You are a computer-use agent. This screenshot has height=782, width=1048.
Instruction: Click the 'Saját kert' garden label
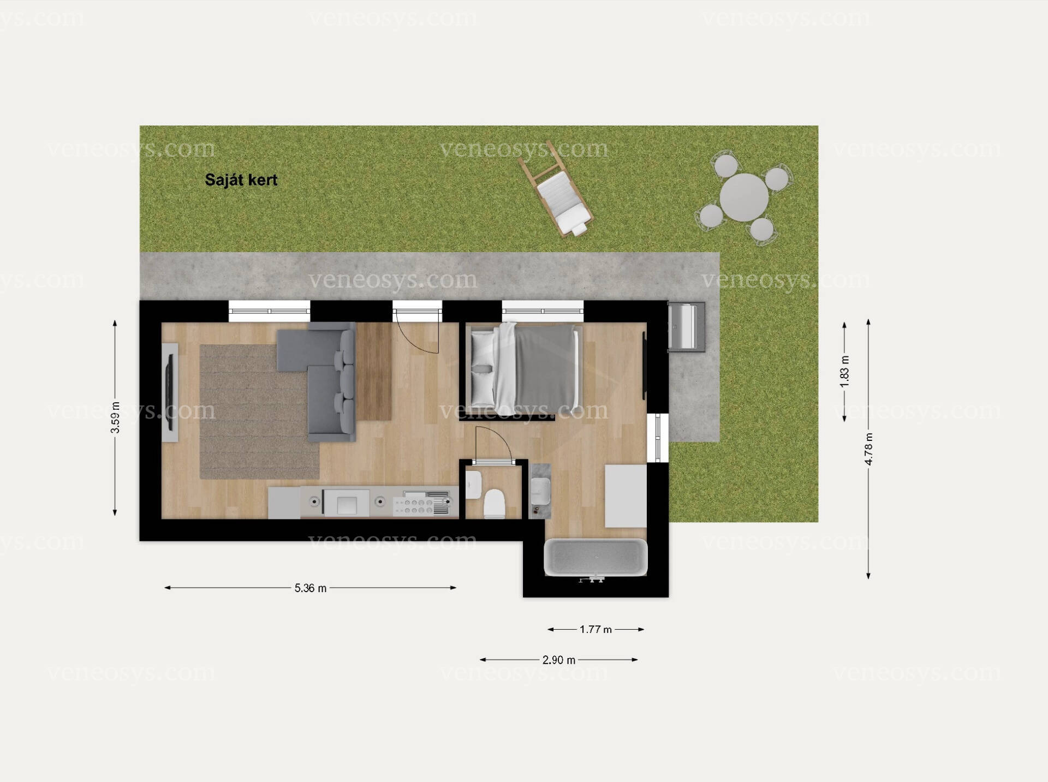tap(241, 180)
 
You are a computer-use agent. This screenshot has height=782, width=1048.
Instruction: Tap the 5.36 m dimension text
tap(310, 588)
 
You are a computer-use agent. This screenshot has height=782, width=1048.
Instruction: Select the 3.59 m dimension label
tap(115, 417)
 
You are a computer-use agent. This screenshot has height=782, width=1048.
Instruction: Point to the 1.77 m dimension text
tap(596, 630)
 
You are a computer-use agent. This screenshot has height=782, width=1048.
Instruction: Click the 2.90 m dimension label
tap(558, 660)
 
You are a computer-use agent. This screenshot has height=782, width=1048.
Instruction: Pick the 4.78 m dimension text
tap(868, 449)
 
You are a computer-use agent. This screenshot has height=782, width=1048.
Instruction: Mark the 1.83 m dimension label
tap(844, 372)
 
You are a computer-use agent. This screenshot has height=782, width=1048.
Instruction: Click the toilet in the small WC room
tap(495, 503)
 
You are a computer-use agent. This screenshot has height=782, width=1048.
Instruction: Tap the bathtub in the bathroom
tap(596, 557)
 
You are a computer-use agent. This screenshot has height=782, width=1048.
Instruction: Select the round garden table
tap(743, 197)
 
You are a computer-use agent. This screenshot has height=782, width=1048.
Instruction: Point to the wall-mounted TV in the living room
tap(170, 392)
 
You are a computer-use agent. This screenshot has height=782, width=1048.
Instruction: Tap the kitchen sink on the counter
tap(347, 503)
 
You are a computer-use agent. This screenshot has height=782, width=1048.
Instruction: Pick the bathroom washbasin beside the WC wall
tap(540, 491)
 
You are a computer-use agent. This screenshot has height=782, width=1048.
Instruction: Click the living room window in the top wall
tap(269, 311)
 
